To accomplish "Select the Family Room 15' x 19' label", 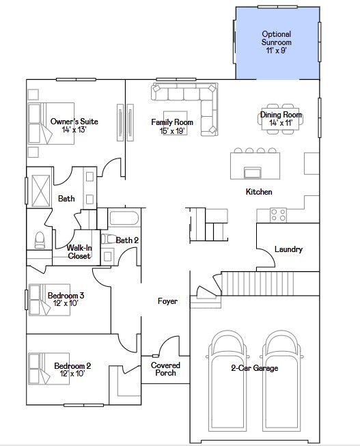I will (x=172, y=126).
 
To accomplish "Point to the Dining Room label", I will (x=281, y=119).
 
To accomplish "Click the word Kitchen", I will (x=259, y=192).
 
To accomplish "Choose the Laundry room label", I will (x=288, y=249).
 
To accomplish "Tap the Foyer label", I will (x=167, y=301).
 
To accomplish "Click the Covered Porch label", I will (x=164, y=369).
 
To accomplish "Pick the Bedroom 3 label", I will (x=66, y=299).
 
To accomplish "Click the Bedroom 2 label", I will (x=72, y=370).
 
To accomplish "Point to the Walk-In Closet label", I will (x=79, y=252).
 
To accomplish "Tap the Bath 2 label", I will (x=127, y=240).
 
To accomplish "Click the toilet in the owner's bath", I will (x=39, y=240).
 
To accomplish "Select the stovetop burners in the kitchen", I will (x=278, y=214).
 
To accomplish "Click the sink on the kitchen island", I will (x=252, y=171).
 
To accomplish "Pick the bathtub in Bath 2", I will (x=124, y=219).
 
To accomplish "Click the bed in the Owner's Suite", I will (x=40, y=123).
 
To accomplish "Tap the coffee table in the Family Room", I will (x=174, y=119).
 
